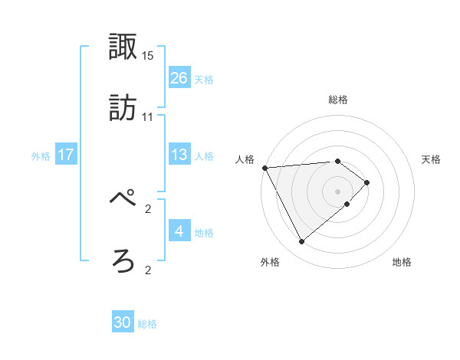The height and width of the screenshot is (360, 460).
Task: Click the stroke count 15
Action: coord(148,56)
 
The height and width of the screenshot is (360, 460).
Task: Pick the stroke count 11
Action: coord(148,117)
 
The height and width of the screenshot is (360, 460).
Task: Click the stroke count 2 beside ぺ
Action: coord(148,208)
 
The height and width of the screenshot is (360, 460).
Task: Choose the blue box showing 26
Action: coord(179,77)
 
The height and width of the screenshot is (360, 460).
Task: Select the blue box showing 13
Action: coord(179,155)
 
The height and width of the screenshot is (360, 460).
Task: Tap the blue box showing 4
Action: coord(179,231)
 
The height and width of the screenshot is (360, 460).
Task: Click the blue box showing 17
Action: coord(66,155)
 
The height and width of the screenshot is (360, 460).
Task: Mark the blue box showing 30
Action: coord(123,322)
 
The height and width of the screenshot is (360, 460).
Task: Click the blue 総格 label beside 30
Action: coord(147,324)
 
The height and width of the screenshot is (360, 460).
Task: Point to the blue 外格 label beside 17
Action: coord(41,156)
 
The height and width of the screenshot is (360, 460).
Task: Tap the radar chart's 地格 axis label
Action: coord(402,263)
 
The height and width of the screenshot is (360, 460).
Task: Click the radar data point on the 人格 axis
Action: coord(264,168)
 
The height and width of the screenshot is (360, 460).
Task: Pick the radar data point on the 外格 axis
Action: coord(301,242)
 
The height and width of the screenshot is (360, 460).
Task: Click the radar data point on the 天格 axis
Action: coord(367,182)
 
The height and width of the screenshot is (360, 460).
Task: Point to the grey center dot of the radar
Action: coord(337,191)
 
